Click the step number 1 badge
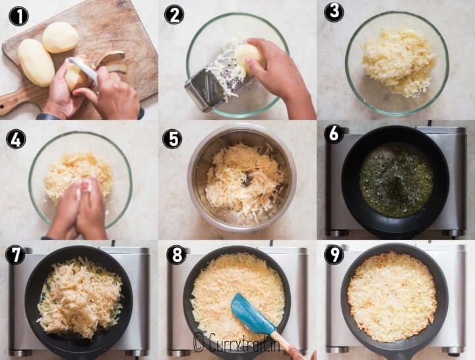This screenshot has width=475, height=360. click(x=18, y=16)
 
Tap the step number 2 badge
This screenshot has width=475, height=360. click(x=174, y=15)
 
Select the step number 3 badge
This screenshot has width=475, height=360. click(x=334, y=12)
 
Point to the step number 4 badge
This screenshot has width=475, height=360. click(x=16, y=139)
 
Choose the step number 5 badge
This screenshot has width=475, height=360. click(x=172, y=139)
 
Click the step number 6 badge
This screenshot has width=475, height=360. click(x=334, y=134)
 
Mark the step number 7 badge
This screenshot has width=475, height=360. click(x=15, y=255)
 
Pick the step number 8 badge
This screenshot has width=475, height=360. click(x=177, y=255)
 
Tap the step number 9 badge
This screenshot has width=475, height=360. click(x=334, y=255)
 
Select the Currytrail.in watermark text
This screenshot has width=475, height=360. click(x=236, y=342)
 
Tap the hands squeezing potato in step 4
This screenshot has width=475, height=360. click(x=78, y=208)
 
